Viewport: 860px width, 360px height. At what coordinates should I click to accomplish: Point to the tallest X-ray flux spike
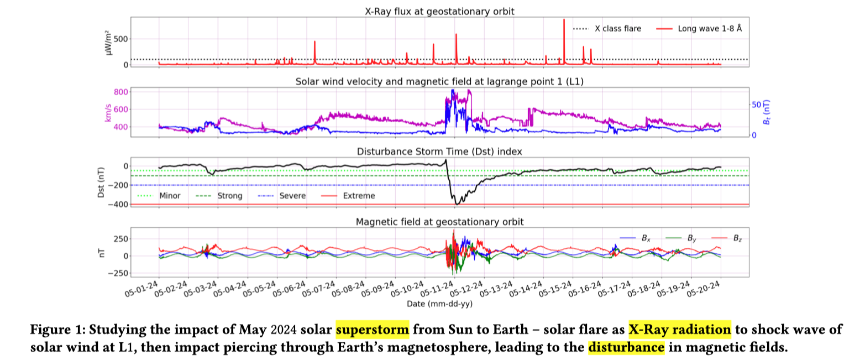point(564,20)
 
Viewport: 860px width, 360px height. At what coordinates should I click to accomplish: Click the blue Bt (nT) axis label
point(767,112)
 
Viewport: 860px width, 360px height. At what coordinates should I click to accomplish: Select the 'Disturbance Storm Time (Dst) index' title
point(439,150)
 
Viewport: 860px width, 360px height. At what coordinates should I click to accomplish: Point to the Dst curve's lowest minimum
point(457,205)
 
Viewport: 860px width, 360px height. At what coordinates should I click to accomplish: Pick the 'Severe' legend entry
point(293,196)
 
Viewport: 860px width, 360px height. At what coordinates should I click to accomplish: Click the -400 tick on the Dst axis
point(118,205)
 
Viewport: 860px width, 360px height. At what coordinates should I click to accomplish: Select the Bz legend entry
point(737,238)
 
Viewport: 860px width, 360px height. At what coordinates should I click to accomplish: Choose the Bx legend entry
point(645,238)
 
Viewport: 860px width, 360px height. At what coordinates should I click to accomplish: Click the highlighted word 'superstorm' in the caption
point(372,330)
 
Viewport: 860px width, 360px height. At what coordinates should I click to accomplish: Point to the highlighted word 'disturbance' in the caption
point(626,348)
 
